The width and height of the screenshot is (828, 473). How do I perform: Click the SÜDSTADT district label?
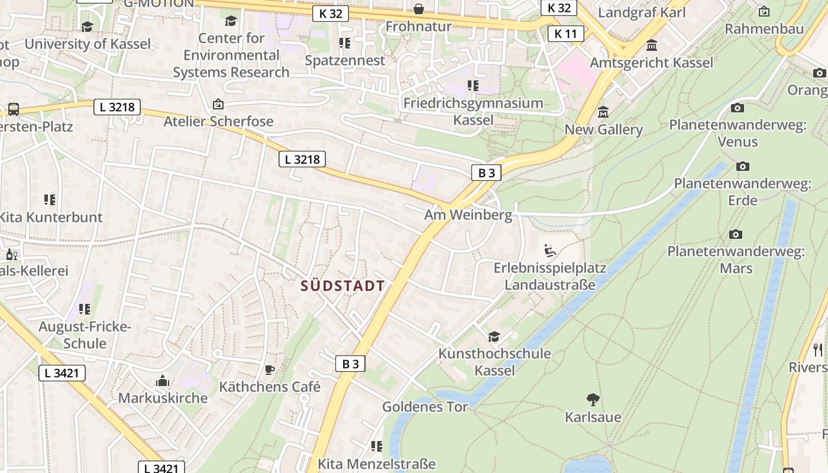pos(342,286)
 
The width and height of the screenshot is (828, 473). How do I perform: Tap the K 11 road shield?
pos(565,34)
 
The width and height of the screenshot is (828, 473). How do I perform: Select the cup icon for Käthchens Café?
pos(270,370)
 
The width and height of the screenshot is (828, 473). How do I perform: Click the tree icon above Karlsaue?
pos(593,400)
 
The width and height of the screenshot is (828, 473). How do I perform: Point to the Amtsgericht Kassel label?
pos(652,63)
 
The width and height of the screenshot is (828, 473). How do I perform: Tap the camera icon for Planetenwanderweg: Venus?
pos(738,108)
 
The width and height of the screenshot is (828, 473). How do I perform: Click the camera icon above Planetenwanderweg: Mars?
pos(736,234)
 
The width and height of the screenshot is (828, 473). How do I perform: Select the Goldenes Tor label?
pos(425,407)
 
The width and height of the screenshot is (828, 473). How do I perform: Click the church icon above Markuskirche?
pos(163,381)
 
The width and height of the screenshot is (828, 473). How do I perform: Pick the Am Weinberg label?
pos(468,215)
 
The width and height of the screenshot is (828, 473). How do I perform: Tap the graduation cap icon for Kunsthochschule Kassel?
pos(494,337)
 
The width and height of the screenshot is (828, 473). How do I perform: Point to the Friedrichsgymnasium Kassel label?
pos(473,111)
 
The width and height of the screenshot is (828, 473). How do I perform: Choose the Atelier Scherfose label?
pos(219,122)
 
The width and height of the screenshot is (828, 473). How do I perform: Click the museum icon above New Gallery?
pos(603,112)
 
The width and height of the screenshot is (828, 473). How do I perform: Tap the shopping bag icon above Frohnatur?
pos(419,9)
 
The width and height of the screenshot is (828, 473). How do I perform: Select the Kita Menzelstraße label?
pos(376,464)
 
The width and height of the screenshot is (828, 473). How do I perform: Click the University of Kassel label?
pos(88,44)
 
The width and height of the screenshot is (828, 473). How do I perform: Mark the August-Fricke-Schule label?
pos(85,335)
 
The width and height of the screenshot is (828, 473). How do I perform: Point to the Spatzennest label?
pos(345,60)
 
